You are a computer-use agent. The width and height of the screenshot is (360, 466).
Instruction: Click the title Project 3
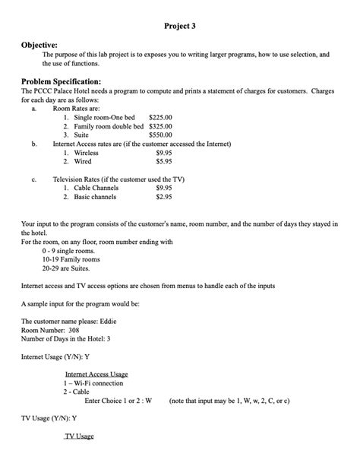(180, 26)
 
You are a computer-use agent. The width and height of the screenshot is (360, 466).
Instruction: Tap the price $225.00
(160, 118)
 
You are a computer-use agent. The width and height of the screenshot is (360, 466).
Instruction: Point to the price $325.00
(160, 126)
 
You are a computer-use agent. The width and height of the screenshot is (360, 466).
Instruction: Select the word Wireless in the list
(90, 153)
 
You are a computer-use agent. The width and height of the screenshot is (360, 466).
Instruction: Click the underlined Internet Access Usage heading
(96, 374)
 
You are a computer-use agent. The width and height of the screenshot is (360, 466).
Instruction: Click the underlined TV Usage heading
(79, 436)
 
